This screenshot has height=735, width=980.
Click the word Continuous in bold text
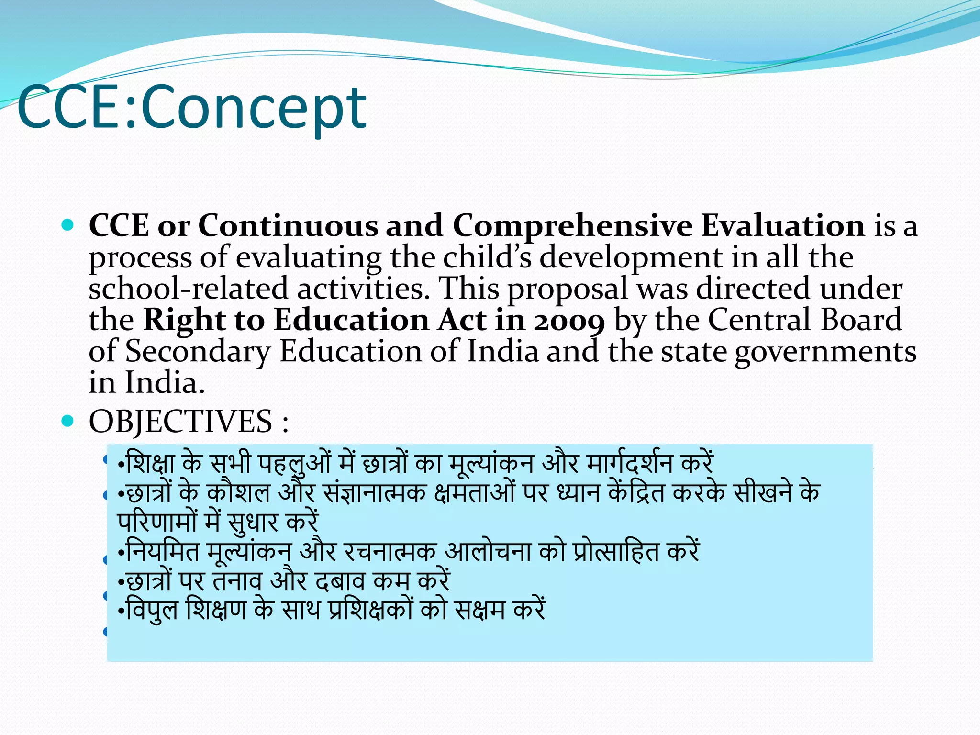(288, 225)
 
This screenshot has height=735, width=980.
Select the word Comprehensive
(572, 225)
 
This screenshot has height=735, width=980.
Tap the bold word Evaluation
(783, 225)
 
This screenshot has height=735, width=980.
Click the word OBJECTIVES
(180, 422)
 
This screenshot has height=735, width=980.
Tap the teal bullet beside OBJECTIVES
(68, 421)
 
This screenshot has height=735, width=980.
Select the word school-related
(188, 289)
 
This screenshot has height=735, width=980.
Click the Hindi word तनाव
(237, 581)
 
